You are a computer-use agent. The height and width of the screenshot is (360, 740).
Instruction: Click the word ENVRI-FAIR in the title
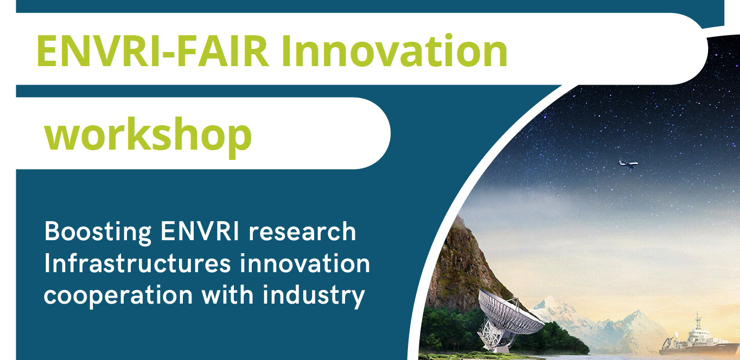pyautogui.click(x=152, y=51)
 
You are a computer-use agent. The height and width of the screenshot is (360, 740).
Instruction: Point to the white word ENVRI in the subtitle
pyautogui.click(x=200, y=232)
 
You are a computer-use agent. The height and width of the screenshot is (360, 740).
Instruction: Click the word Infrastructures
pyautogui.click(x=138, y=263)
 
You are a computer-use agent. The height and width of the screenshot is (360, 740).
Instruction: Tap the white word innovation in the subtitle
pyautogui.click(x=305, y=263)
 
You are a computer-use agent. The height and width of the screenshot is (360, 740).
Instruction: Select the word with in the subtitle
pyautogui.click(x=228, y=294)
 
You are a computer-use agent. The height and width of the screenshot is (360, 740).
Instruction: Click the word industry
pyautogui.click(x=314, y=296)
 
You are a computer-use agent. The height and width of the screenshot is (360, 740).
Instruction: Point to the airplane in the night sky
pyautogui.click(x=628, y=163)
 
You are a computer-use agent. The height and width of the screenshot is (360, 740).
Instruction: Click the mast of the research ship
pyautogui.click(x=697, y=322)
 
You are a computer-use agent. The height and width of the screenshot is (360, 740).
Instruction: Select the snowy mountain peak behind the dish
pyautogui.click(x=550, y=304)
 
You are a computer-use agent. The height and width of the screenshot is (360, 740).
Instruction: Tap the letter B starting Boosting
pyautogui.click(x=52, y=232)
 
